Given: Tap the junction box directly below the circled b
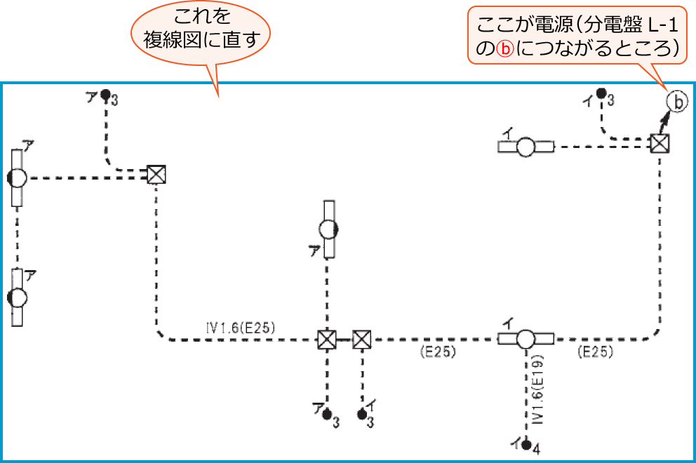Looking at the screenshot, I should click(x=659, y=144).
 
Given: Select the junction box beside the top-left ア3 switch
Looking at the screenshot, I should click(x=156, y=173).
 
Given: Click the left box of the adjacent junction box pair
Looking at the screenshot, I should click(x=326, y=340).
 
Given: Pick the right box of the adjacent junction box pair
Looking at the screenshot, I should click(x=361, y=340).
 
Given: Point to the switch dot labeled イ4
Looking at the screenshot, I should click(x=526, y=443).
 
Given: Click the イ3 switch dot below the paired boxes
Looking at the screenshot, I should click(x=362, y=415).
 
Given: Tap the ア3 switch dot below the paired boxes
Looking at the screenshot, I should click(x=326, y=415).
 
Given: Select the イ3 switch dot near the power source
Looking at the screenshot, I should click(x=601, y=93).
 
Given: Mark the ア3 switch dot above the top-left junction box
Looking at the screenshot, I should click(x=105, y=93).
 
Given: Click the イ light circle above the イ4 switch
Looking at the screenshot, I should click(x=526, y=340).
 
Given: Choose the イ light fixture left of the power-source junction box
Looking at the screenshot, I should click(x=526, y=147).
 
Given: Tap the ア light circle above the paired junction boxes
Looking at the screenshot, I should click(x=328, y=229).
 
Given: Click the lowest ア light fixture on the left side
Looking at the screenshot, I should click(x=18, y=297).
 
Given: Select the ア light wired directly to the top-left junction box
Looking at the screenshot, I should click(x=18, y=177).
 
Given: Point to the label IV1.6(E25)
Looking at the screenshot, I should click(x=241, y=326).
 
